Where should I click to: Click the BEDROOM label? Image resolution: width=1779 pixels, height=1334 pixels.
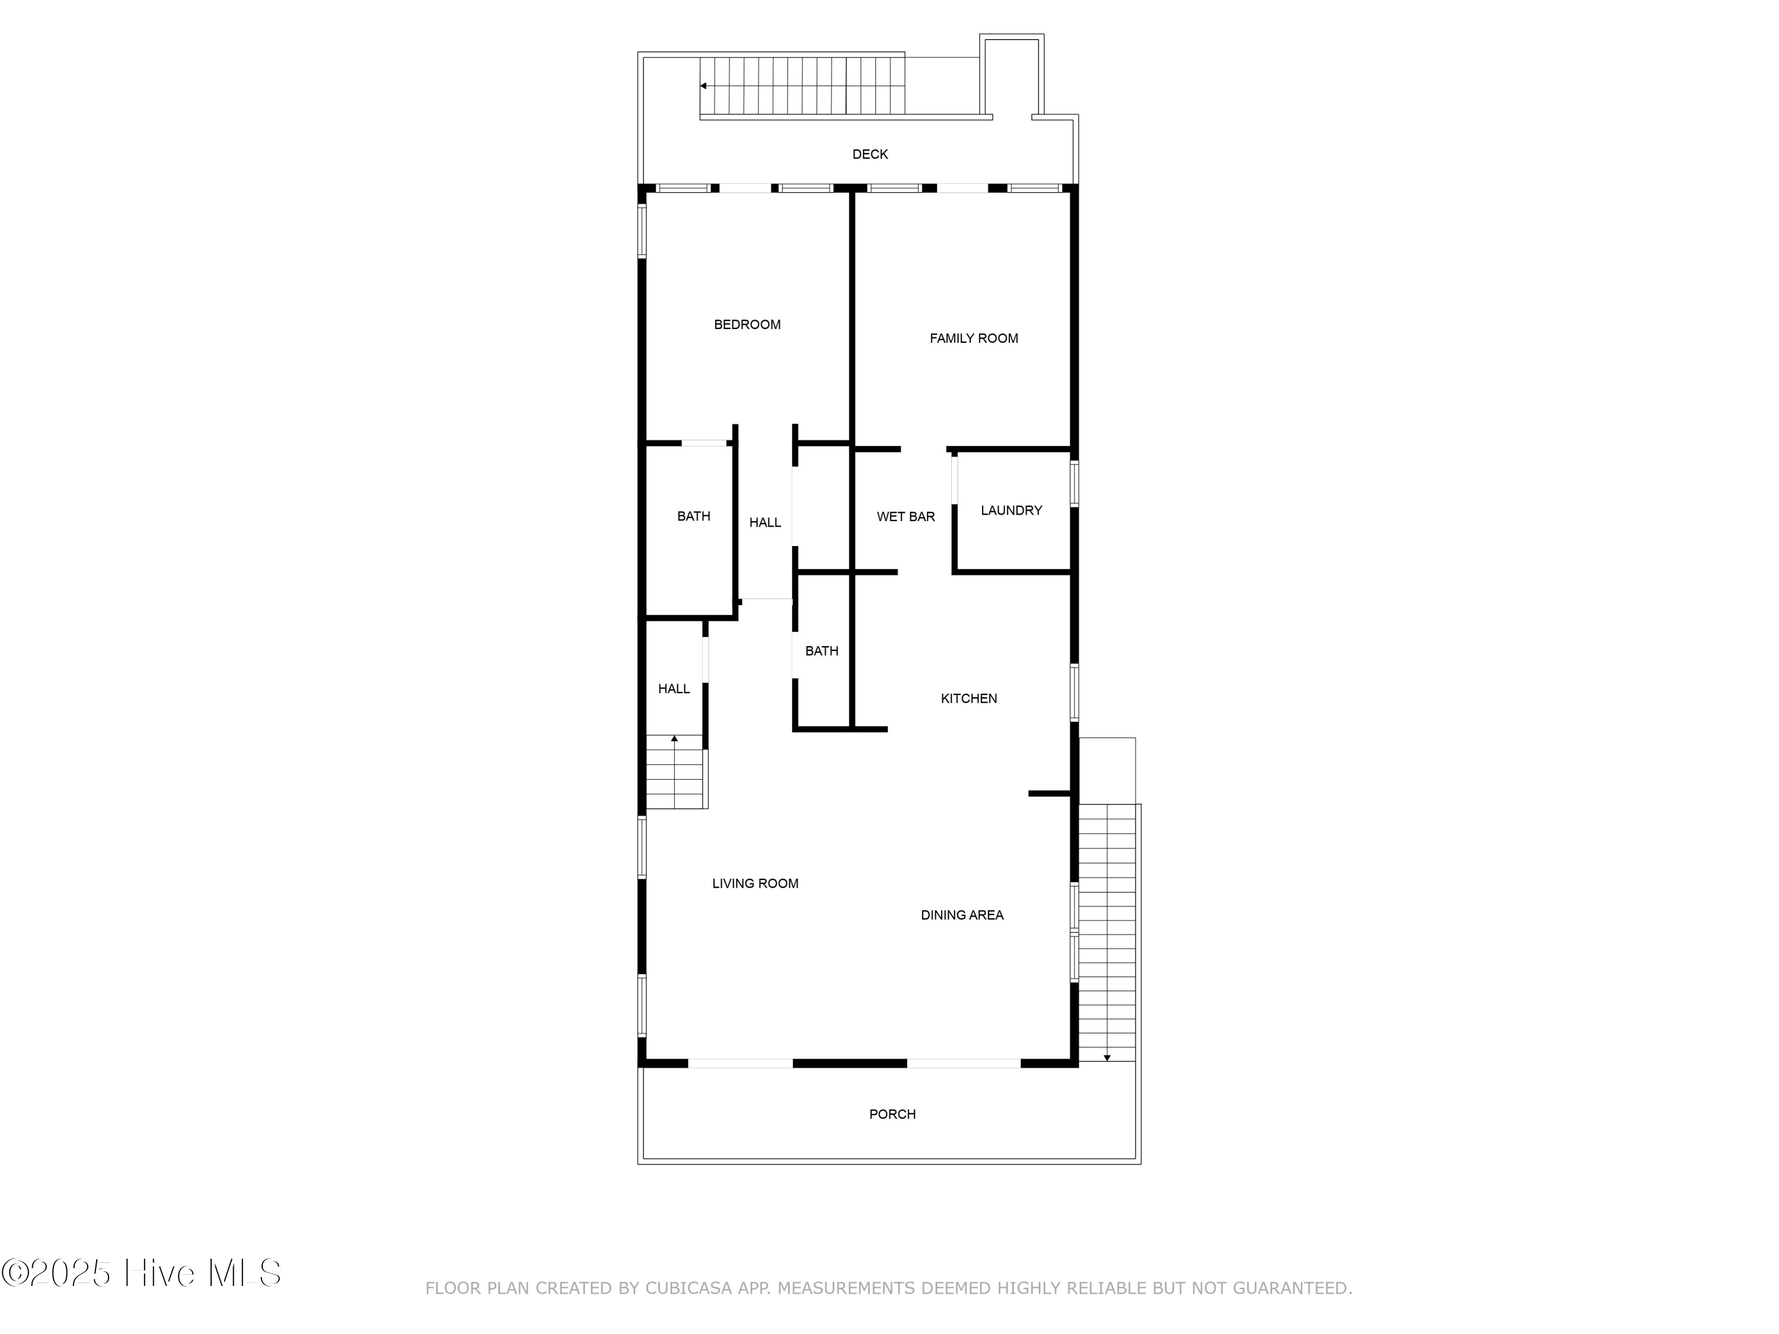747,325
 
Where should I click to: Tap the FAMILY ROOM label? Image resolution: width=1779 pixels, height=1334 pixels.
973,339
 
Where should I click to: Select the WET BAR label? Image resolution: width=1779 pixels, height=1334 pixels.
906,517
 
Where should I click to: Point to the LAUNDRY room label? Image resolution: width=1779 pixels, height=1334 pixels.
1011,510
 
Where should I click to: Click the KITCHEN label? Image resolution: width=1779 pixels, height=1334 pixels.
968,699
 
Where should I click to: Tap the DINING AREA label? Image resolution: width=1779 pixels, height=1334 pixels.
962,915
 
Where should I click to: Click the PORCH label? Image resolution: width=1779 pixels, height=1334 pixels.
892,1115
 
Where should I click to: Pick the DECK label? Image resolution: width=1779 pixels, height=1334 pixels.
870,154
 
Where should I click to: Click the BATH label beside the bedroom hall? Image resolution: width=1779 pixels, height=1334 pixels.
693,516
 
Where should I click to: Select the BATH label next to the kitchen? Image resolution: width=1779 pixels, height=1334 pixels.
821,652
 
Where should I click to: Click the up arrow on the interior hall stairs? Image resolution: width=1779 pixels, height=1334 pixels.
675,738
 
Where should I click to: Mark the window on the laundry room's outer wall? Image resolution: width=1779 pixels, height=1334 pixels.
1074,483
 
